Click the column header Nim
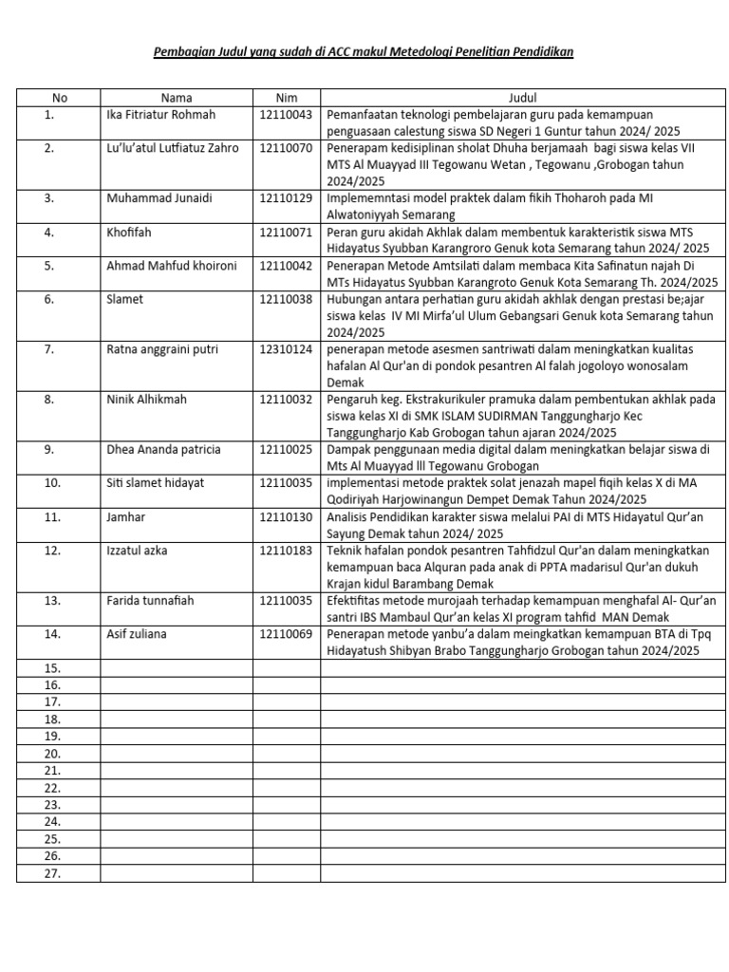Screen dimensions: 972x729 [x=286, y=98]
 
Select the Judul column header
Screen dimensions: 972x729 [x=522, y=98]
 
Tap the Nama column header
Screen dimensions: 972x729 [x=177, y=98]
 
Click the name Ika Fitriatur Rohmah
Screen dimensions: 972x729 [x=161, y=115]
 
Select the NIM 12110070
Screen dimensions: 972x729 [x=286, y=148]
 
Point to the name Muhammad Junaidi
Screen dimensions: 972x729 [x=159, y=198]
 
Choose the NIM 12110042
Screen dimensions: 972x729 [x=286, y=266]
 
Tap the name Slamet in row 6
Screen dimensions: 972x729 [x=126, y=299]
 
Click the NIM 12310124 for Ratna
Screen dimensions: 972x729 [x=286, y=349]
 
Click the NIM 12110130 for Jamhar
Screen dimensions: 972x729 [x=286, y=516]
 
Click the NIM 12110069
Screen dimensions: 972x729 [x=286, y=634]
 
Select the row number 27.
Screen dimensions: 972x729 [x=52, y=873]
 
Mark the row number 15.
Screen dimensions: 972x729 [x=52, y=668]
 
